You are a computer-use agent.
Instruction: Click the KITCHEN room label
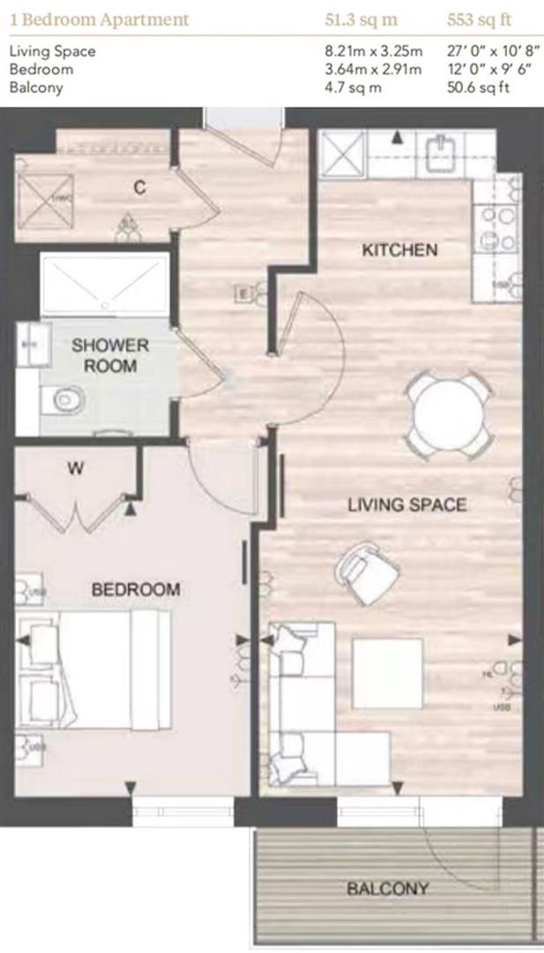pos(399,251)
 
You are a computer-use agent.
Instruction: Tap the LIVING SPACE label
pos(406,505)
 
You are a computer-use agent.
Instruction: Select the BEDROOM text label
pos(136,589)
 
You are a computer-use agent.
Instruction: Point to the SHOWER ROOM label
pos(110,354)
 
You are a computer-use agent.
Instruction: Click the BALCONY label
pos(388,889)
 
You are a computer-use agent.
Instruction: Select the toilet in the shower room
pos(66,400)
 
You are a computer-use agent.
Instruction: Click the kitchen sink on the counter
pos(439,153)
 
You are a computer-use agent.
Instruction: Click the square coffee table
pos(387,673)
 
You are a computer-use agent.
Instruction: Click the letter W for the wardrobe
pos(77,469)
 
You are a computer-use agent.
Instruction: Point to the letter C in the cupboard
pos(139,187)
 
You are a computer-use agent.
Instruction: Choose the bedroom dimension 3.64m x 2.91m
pos(373,69)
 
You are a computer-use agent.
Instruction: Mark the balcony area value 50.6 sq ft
pos(481,86)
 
